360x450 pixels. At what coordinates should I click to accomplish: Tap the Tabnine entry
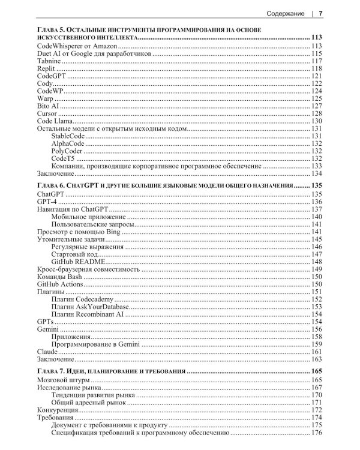(49, 61)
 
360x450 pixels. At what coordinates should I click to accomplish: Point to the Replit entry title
(47, 69)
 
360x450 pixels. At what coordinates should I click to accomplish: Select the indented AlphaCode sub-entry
(67, 143)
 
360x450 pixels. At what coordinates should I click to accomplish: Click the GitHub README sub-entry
(79, 262)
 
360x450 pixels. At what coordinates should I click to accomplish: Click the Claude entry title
(47, 351)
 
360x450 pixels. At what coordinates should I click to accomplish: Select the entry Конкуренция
(58, 410)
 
